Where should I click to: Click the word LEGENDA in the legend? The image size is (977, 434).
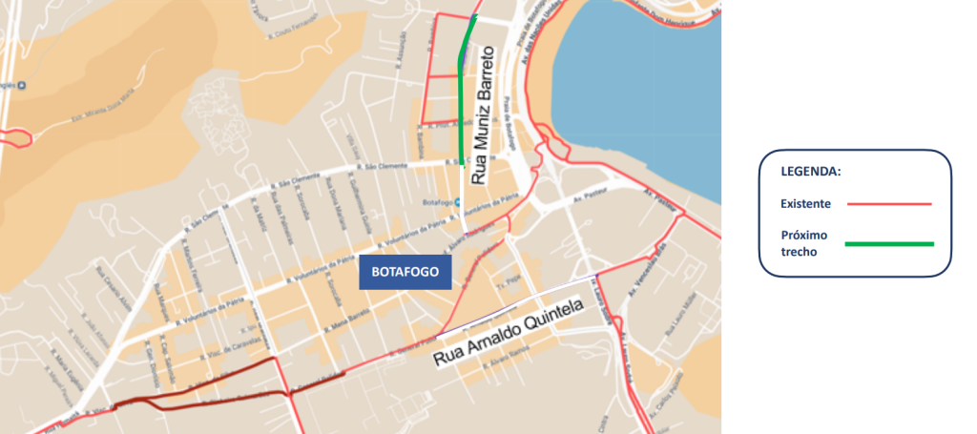[x=811, y=173]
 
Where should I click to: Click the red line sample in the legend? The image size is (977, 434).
[x=887, y=203]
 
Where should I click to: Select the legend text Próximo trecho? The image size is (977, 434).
[x=803, y=242]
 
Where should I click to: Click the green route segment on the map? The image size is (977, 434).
[x=463, y=95]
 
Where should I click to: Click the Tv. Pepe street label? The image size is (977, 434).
[x=503, y=283]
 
